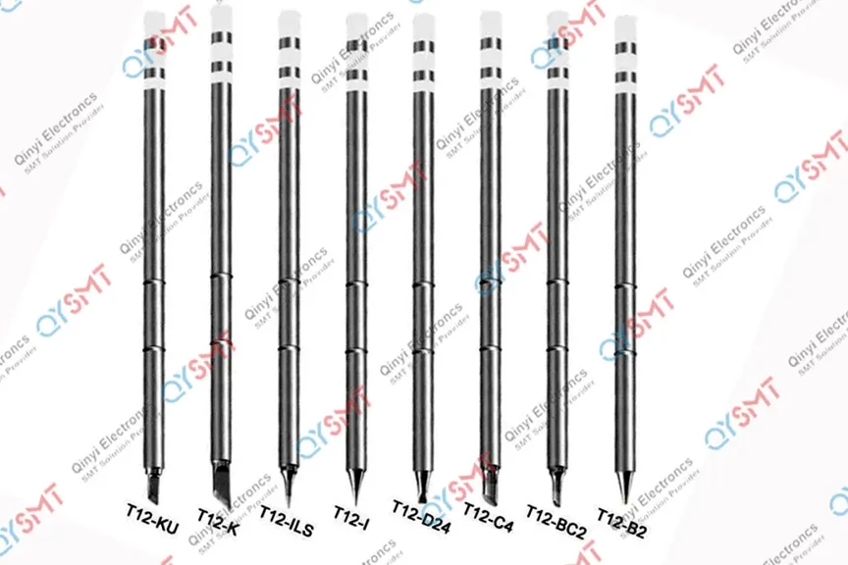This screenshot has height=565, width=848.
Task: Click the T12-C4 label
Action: tap(488, 511)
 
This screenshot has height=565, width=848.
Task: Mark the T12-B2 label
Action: tap(624, 518)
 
